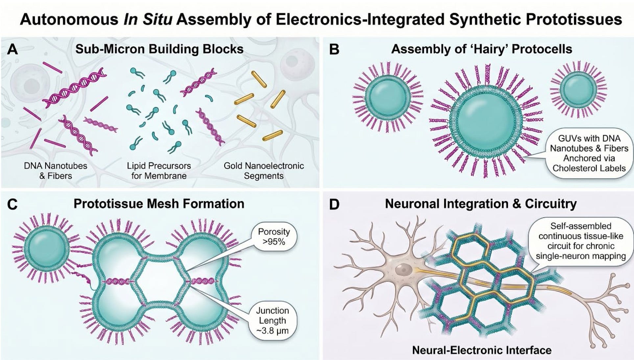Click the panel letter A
tap(12, 49)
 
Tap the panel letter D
tap(334, 204)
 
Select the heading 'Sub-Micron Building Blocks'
tap(159, 49)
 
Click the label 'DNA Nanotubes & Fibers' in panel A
tap(56, 170)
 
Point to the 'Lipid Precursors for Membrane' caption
tap(159, 170)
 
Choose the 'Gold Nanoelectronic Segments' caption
tap(264, 170)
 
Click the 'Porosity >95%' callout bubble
tap(274, 236)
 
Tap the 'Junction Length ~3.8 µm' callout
tap(272, 320)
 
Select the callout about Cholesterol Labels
tap(589, 153)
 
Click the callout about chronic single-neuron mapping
tap(581, 241)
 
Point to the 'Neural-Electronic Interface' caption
tap(482, 350)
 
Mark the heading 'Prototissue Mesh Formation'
tap(159, 204)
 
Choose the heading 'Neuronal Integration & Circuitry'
tap(481, 204)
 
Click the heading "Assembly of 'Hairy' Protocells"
tap(481, 49)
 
